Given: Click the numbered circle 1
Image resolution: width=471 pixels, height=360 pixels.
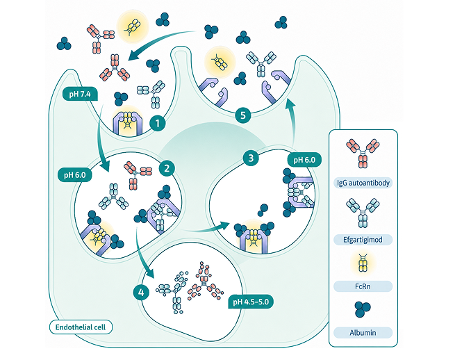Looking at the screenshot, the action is coord(158,123).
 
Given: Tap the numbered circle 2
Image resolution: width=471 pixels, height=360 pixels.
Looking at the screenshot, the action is coord(167,168).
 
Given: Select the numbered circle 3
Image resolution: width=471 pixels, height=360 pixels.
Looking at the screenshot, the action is coord(251,158).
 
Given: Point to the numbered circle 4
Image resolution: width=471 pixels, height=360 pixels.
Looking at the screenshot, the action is coord(141,293).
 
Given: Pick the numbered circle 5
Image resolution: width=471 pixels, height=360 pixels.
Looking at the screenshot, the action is coord(242,115).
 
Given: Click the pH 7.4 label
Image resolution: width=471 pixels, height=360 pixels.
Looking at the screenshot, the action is coord(80,95).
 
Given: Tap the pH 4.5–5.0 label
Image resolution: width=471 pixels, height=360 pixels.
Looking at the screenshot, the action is coord(251,302).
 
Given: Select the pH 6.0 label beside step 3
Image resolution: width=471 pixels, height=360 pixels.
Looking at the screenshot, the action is coord(304,160).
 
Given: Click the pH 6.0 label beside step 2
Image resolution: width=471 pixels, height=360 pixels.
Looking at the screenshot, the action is coord(75,175).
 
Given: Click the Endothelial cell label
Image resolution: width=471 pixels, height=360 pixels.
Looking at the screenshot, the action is coord(81,327).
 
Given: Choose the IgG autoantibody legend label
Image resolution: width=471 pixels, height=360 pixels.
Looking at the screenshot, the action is coord(363,183).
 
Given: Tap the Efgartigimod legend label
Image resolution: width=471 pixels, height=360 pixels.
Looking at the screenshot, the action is coord(363,240).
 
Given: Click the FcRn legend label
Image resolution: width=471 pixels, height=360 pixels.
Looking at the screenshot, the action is coord(363,286).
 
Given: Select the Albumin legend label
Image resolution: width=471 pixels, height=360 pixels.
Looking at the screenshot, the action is coord(363,333).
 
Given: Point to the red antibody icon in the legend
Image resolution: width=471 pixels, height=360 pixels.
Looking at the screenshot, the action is coord(363,154).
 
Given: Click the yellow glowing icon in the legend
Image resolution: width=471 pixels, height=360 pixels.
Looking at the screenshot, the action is coord(363,263).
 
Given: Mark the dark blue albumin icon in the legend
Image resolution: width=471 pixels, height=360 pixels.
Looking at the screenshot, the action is coord(363,309).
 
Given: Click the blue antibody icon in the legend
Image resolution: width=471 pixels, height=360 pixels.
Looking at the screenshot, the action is coord(363,213).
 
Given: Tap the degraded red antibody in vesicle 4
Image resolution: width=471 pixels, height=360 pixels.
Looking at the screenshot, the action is coord(206,282).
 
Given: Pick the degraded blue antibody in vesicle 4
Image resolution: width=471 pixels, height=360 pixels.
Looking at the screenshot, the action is coord(174,292).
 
